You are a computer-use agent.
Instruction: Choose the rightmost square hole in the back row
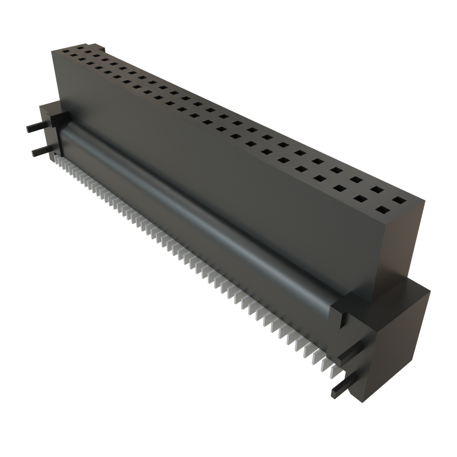(x=397, y=201)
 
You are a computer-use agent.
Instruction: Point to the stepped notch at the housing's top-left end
(x=101, y=46)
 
